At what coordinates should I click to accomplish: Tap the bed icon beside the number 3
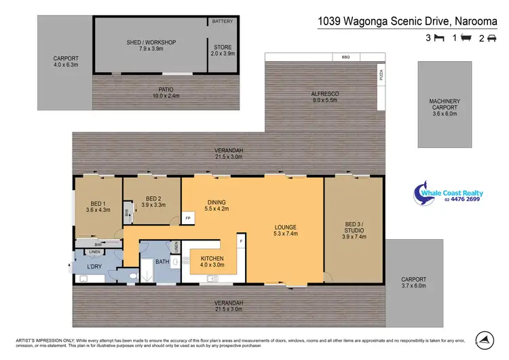click(439, 39)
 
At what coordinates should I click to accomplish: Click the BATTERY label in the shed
click(222, 22)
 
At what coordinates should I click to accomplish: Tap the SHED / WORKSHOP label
click(151, 46)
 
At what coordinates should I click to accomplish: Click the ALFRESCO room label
click(325, 96)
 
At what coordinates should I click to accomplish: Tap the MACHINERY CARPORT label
click(445, 107)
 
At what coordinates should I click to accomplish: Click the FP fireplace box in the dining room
click(187, 219)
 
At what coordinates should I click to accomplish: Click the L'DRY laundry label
click(94, 267)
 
